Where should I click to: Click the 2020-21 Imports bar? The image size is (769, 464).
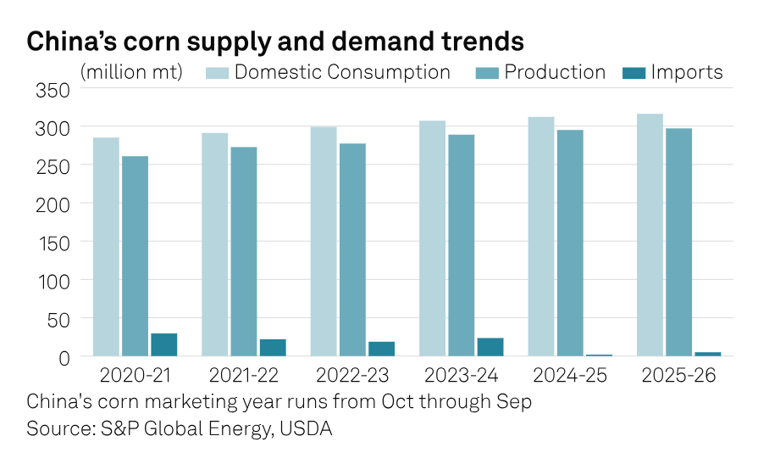163,344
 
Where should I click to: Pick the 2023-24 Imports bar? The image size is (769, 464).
490,347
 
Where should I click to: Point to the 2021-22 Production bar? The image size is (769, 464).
244,251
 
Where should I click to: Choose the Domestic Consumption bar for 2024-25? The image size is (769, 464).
541,237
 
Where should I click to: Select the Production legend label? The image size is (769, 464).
555,72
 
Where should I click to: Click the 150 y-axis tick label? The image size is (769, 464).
53,242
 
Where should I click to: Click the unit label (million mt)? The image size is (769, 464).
131,72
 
